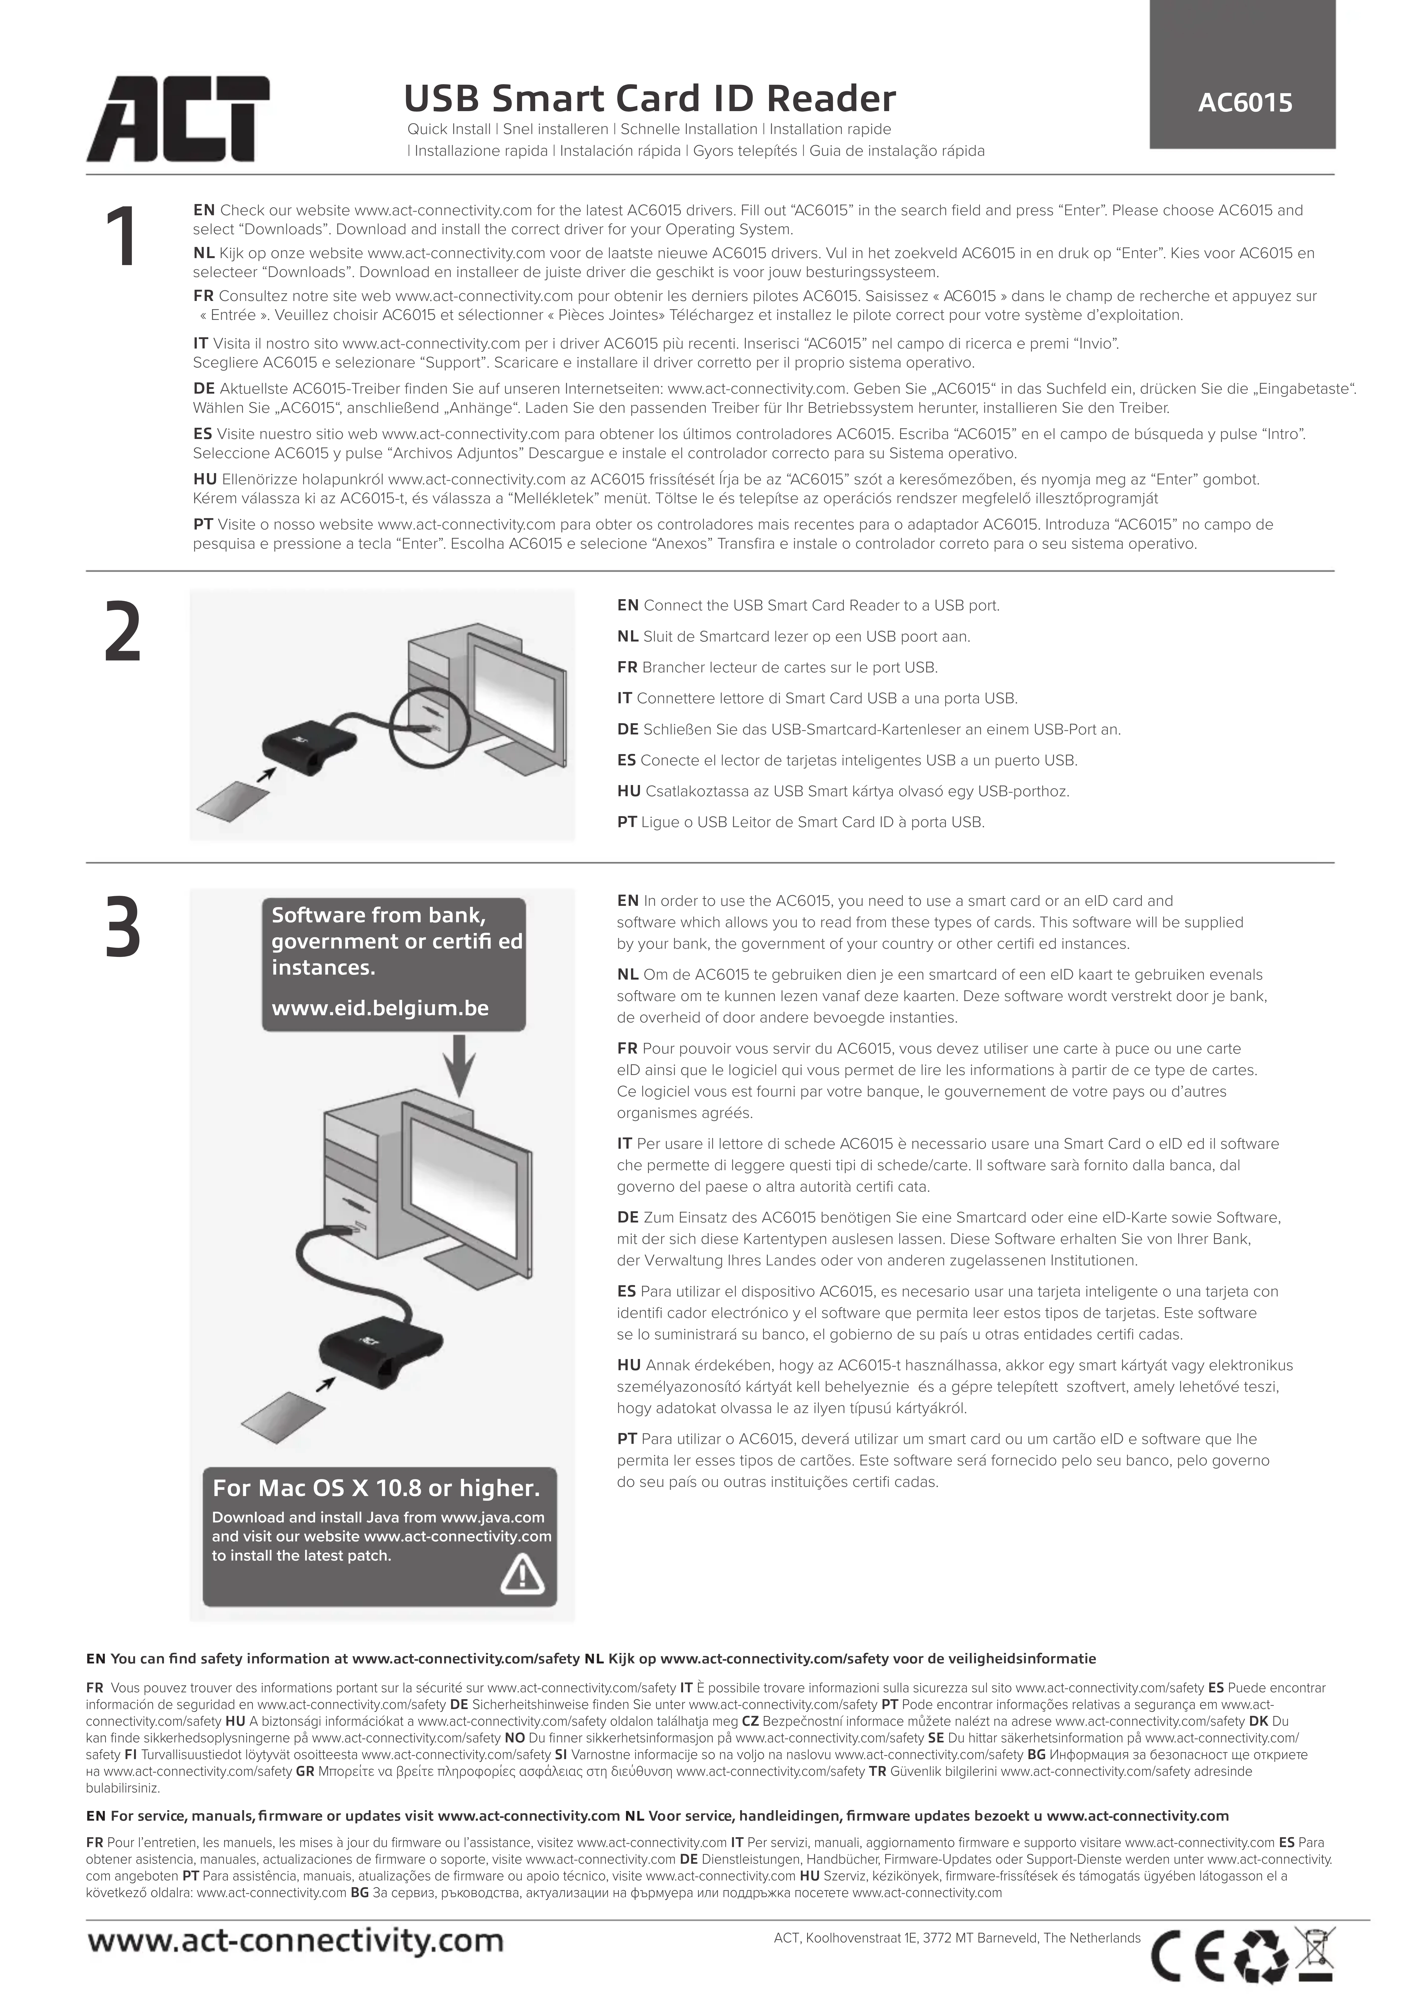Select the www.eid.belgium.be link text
point(380,1008)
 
